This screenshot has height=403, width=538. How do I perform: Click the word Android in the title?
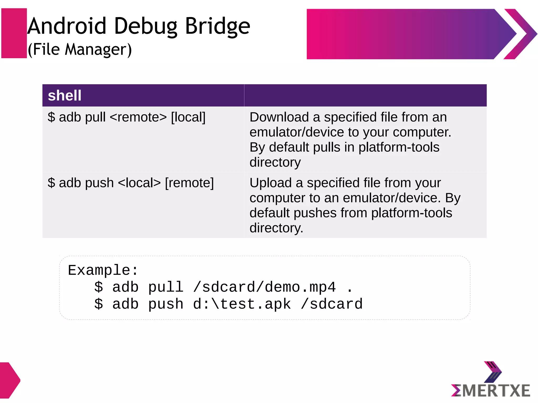coord(67,26)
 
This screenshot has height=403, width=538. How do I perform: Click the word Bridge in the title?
coord(218,26)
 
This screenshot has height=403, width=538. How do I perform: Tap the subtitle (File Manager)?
coord(80,49)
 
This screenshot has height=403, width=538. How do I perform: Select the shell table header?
coord(65,95)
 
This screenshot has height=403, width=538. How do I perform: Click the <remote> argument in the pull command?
coord(138,117)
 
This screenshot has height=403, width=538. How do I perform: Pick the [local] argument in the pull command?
coord(188,117)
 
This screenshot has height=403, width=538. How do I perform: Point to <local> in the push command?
coord(139,183)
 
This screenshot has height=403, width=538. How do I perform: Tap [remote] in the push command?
coord(189,183)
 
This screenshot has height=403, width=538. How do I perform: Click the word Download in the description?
coord(279,117)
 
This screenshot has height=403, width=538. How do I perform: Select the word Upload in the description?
coord(271,183)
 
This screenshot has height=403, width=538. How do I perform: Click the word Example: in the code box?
coord(103,270)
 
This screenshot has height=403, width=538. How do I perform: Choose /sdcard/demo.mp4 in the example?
coord(265,287)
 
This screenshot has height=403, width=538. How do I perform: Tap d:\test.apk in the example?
coord(242,304)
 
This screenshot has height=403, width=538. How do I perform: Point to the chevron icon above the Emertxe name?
coord(493,372)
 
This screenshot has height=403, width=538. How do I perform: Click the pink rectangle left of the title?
coord(14,33)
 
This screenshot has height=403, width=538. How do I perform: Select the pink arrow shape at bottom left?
coord(9,380)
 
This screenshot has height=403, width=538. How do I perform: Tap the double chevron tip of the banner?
coord(521,34)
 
